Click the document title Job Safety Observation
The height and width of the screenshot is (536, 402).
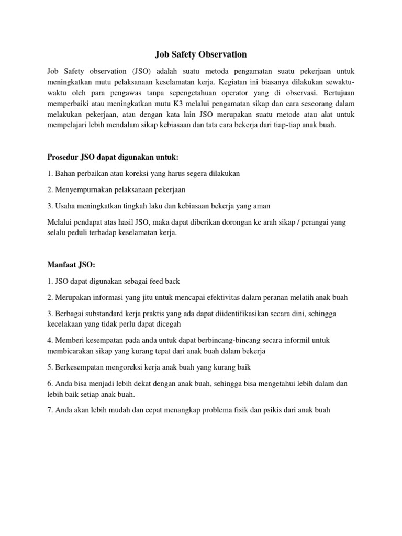pos(200,54)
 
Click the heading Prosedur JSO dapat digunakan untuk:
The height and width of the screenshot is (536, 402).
pos(113,157)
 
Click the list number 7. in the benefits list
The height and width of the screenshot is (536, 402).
pos(50,410)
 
